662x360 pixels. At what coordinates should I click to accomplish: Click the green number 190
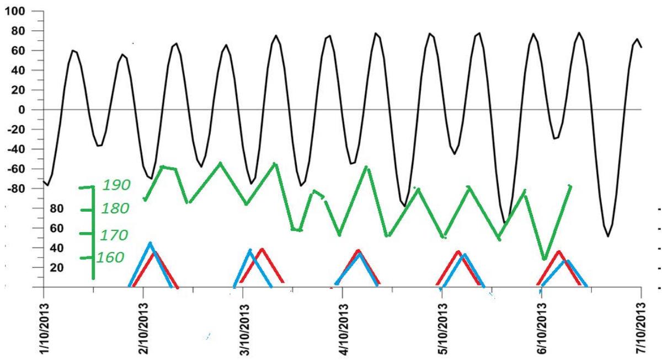point(116,185)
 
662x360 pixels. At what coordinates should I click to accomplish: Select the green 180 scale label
point(115,209)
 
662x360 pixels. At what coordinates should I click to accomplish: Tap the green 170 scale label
point(114,235)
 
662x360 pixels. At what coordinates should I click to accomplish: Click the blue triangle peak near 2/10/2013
point(150,243)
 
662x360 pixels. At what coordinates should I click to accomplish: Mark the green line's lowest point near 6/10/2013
point(544,258)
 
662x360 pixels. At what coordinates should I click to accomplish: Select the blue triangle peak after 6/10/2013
point(568,261)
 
